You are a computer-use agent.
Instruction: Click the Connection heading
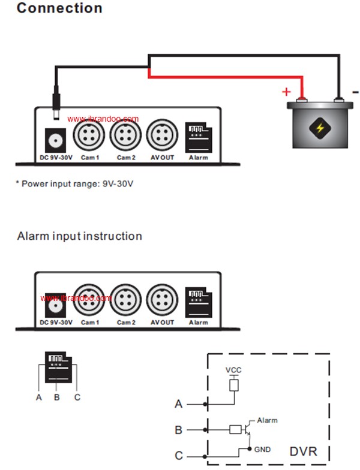pos(59,8)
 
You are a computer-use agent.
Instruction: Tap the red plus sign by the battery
pos(287,91)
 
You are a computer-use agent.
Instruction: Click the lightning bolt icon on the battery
pos(320,128)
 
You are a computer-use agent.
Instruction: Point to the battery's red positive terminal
pos(301,100)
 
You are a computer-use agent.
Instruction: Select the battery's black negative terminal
pos(338,100)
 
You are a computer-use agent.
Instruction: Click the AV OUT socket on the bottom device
pos(162,300)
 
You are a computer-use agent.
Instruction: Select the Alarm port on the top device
pos(199,137)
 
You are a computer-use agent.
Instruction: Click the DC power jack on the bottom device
pos(55,305)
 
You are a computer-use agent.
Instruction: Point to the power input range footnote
pos(74,183)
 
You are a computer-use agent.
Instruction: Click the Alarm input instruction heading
pos(79,236)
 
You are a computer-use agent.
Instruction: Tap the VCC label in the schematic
pos(233,370)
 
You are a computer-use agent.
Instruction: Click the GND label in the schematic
pos(263,450)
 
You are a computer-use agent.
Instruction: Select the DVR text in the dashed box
pos(304,451)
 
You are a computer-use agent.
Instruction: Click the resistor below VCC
pos(234,385)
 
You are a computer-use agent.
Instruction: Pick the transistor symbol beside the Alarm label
pos(247,429)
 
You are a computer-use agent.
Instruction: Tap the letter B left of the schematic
pos(179,430)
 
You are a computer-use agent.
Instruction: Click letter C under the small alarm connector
pos(77,397)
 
